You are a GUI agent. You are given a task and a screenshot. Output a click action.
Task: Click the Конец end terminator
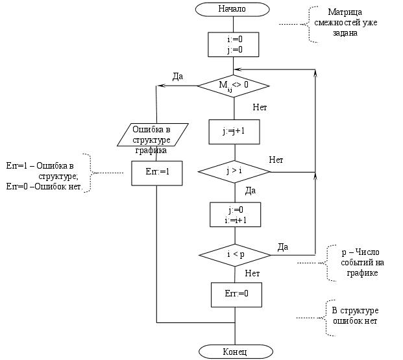coord(234,352)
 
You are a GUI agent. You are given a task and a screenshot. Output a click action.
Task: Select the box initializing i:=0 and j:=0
coord(234,44)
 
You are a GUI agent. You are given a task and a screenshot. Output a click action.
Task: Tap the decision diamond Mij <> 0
coord(233,85)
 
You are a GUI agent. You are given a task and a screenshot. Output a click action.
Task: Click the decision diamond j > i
coord(234,171)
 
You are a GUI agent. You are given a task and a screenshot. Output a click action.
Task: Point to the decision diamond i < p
coord(234,254)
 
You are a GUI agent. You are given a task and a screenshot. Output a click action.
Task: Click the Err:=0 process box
coord(234,294)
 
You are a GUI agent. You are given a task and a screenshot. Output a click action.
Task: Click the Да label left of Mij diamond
coord(177,77)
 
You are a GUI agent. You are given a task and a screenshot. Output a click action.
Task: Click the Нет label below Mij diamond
coord(260,107)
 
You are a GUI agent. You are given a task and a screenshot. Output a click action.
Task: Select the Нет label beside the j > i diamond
coord(276,160)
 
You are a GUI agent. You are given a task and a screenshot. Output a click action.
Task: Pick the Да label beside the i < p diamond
coord(283,246)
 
